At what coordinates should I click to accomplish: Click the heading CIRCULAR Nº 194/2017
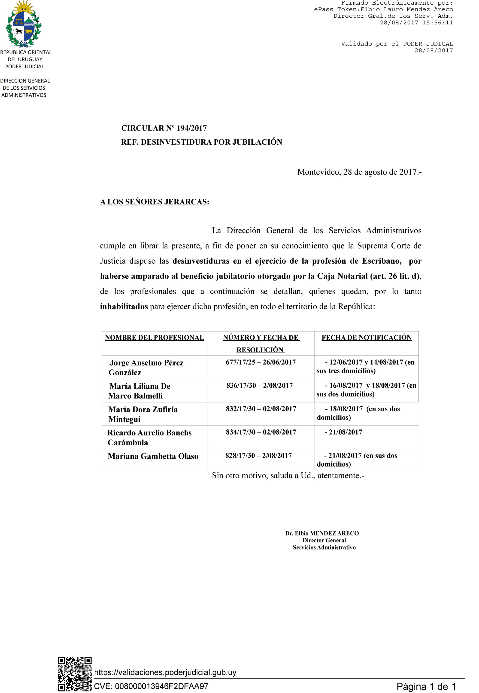click(164, 128)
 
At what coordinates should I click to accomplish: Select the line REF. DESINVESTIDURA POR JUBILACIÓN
click(201, 142)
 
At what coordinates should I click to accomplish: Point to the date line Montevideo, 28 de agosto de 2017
click(359, 172)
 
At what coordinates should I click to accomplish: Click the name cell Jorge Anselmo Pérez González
click(146, 367)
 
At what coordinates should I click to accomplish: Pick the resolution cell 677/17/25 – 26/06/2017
click(261, 362)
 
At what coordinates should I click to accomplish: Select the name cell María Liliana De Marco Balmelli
click(139, 391)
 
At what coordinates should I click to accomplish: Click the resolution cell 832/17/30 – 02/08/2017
click(261, 409)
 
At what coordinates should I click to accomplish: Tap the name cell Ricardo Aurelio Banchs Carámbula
click(149, 437)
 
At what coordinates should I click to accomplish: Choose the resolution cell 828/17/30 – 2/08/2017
click(258, 456)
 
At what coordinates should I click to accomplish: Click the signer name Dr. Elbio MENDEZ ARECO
click(322, 533)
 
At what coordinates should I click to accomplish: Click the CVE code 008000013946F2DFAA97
click(151, 686)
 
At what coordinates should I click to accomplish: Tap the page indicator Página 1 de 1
click(426, 686)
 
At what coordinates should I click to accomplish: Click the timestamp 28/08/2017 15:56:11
click(416, 22)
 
